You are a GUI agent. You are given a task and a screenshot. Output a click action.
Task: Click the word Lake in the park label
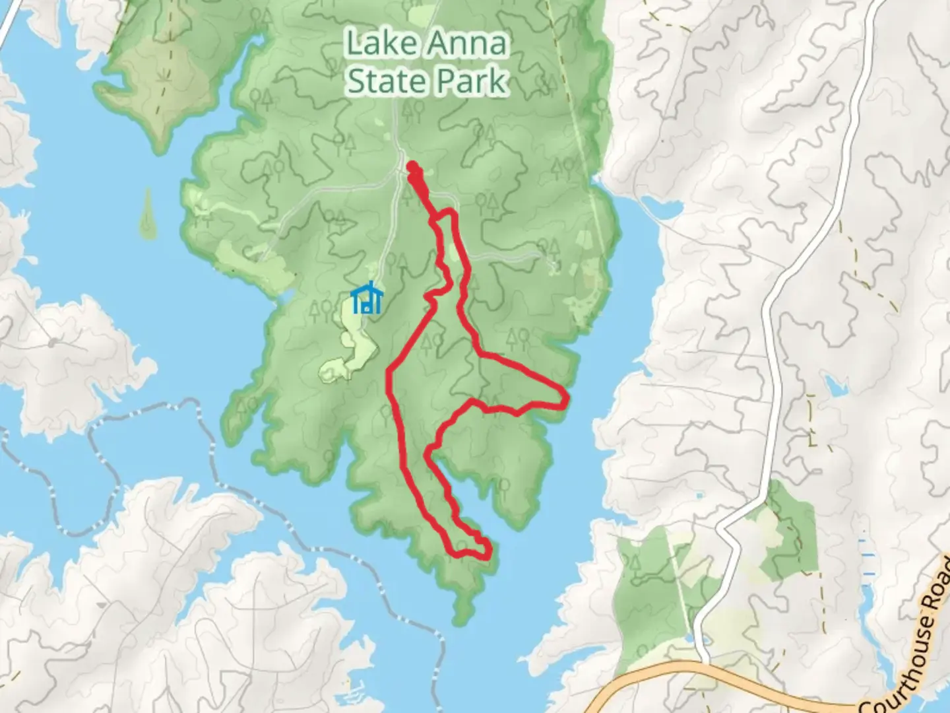[x=381, y=45]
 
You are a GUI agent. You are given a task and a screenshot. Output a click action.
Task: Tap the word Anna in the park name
[x=467, y=45]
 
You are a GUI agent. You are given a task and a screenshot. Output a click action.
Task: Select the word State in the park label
[x=384, y=82]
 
